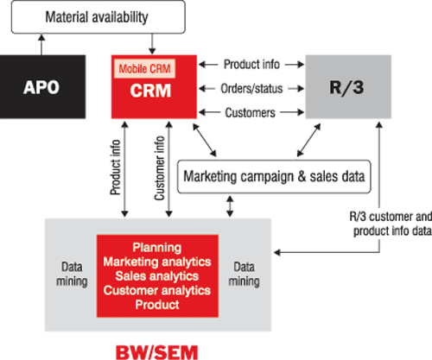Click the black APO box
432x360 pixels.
(42, 86)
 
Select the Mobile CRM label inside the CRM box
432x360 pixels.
(144, 69)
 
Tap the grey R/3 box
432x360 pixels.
(348, 86)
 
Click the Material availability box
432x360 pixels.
(98, 17)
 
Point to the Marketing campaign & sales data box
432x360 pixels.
(274, 176)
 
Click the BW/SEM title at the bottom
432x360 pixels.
(157, 352)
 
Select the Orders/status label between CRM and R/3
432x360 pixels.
(251, 89)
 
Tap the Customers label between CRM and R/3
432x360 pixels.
(251, 112)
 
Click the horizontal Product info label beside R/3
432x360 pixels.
(251, 64)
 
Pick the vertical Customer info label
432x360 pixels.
(159, 167)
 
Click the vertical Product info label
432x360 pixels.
(115, 167)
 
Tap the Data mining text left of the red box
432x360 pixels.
(72, 274)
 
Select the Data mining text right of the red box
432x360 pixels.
(244, 274)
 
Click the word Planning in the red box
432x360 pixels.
(157, 248)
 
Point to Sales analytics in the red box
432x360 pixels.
(157, 276)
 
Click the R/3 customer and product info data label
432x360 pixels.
(391, 224)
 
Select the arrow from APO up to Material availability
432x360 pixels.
(41, 45)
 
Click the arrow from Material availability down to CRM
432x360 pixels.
(152, 44)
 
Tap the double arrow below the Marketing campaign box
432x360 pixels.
(230, 206)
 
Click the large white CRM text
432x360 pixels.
(150, 91)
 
